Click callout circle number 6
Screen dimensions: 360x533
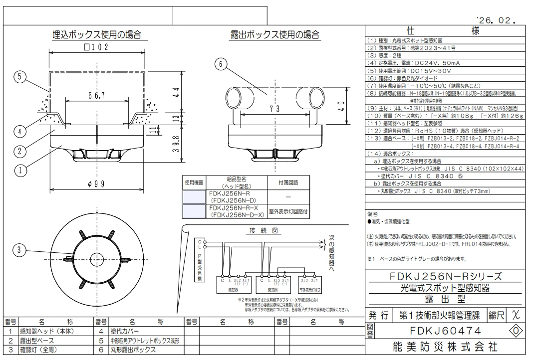point(223,63)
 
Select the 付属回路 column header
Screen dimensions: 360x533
point(283,182)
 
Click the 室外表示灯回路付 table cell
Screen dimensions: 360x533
point(283,211)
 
